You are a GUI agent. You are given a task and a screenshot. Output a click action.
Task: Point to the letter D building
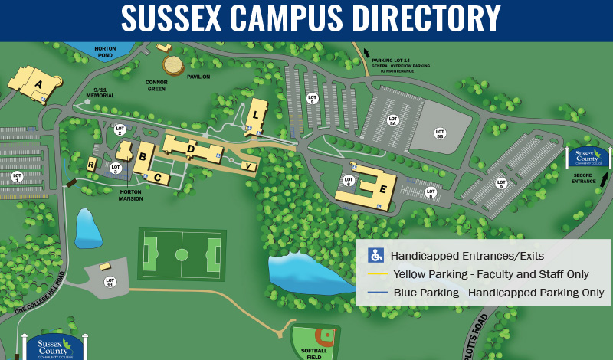coord(191,146)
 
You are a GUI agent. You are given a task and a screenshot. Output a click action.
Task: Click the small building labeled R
coord(91,165)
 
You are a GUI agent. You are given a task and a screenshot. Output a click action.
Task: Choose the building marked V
coord(247,165)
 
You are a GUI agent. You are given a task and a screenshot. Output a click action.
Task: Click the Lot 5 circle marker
coord(312,98)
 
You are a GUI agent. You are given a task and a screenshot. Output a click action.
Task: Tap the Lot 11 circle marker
coord(109,281)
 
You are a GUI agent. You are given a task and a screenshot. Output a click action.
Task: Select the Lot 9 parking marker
coord(502,182)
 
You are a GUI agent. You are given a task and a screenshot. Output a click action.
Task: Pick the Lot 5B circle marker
coord(440,133)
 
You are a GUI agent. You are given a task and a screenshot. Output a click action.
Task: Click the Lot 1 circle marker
coord(17,175)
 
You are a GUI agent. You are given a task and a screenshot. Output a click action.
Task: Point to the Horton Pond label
coord(105,52)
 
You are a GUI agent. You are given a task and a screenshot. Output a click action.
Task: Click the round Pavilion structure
coord(174,64)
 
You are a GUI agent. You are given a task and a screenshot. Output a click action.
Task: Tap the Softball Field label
coord(312,352)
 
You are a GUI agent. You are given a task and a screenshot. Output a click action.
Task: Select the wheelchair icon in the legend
coord(376,255)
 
